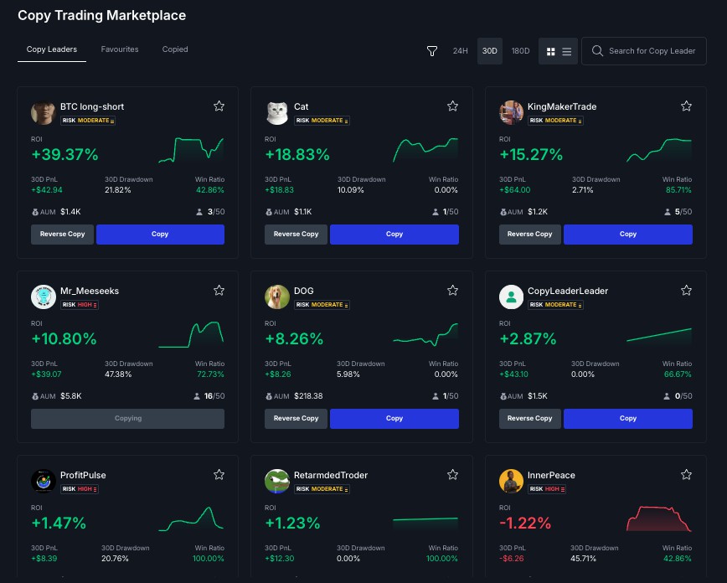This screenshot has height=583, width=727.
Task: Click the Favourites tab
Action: pyautogui.click(x=120, y=49)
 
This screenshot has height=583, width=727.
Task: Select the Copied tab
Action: pyautogui.click(x=175, y=49)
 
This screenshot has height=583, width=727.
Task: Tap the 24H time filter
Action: pyautogui.click(x=460, y=51)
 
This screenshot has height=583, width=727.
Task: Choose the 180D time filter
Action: pyautogui.click(x=520, y=51)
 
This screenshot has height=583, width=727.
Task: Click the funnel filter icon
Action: pyautogui.click(x=432, y=51)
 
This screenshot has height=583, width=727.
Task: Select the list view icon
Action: pyautogui.click(x=567, y=51)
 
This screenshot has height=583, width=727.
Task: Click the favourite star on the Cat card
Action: pyautogui.click(x=452, y=106)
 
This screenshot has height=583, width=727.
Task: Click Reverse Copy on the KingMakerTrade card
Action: pyautogui.click(x=530, y=235)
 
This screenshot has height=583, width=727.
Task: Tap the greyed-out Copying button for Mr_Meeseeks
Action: pyautogui.click(x=127, y=419)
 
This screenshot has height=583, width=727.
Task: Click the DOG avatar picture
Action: pyautogui.click(x=277, y=297)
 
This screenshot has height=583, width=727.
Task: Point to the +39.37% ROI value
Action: pyautogui.click(x=64, y=155)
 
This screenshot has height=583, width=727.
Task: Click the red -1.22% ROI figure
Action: pyautogui.click(x=525, y=524)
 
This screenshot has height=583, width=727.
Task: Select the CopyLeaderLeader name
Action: pyautogui.click(x=567, y=291)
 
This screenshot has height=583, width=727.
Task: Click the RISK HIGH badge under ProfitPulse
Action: pyautogui.click(x=79, y=488)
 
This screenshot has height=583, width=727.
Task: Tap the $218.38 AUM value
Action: pyautogui.click(x=308, y=396)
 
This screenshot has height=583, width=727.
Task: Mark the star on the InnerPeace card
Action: pyautogui.click(x=686, y=475)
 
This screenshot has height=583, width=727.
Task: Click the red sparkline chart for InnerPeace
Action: pyautogui.click(x=658, y=519)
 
